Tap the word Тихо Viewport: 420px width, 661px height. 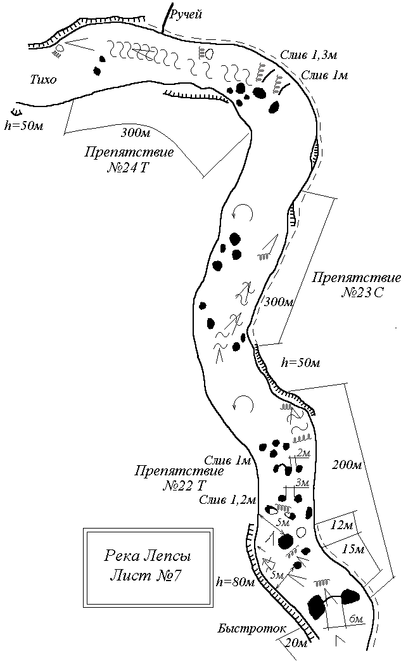43,80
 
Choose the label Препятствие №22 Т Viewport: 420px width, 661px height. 179,478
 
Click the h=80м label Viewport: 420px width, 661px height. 234,582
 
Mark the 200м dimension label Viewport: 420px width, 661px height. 347,466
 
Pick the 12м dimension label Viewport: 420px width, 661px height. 341,525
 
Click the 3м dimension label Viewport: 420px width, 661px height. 302,483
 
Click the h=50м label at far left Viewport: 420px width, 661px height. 24,125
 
